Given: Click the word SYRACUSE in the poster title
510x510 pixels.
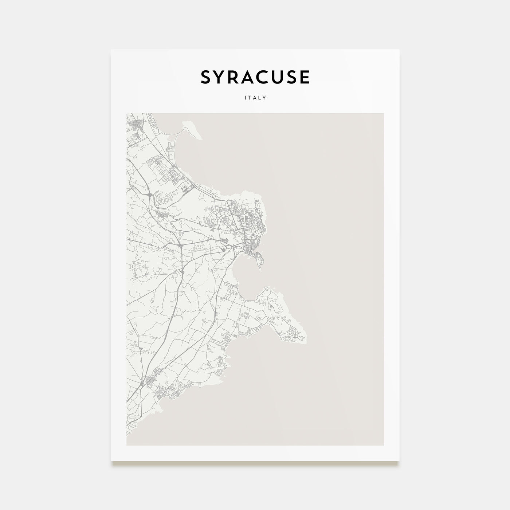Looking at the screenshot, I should click(x=255, y=77).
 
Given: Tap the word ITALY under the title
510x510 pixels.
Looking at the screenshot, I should click(x=255, y=98).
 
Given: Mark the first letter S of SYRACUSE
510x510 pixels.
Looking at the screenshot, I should click(x=206, y=77).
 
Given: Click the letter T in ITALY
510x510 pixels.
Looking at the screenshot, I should click(x=250, y=98).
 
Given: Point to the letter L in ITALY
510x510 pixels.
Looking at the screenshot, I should click(x=260, y=98).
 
